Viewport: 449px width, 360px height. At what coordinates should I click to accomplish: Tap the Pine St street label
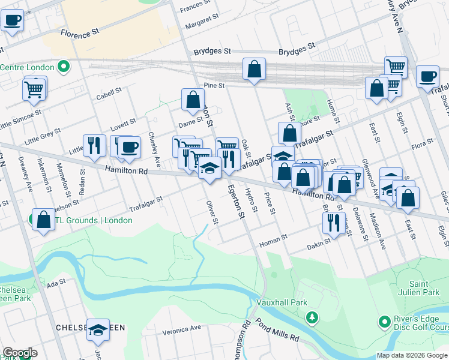[214, 86]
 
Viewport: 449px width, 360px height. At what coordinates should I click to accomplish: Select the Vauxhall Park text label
[278, 302]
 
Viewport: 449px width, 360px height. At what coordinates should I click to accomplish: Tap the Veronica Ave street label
[182, 329]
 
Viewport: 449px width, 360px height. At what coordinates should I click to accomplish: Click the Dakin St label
[319, 242]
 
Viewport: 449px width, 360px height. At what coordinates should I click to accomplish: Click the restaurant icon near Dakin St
[334, 222]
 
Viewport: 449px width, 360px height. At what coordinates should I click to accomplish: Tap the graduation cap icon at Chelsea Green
[98, 329]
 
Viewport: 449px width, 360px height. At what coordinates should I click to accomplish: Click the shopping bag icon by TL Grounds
[44, 219]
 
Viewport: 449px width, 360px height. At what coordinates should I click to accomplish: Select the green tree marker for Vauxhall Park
[312, 317]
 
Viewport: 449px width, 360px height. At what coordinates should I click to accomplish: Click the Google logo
[20, 353]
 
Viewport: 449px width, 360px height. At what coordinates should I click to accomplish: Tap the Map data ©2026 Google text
[412, 355]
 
